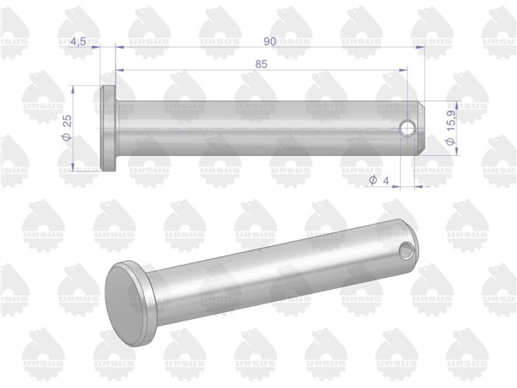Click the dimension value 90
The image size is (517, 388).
click(x=270, y=42)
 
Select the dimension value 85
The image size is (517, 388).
click(x=261, y=64)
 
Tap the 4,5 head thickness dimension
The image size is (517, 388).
click(x=78, y=42)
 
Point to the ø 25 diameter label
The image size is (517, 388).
click(x=67, y=127)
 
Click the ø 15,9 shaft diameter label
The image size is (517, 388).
click(x=450, y=127)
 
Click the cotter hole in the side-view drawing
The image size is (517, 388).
click(x=407, y=128)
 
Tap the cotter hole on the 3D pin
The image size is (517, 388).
click(x=406, y=250)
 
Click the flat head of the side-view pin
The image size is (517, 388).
click(x=109, y=128)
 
